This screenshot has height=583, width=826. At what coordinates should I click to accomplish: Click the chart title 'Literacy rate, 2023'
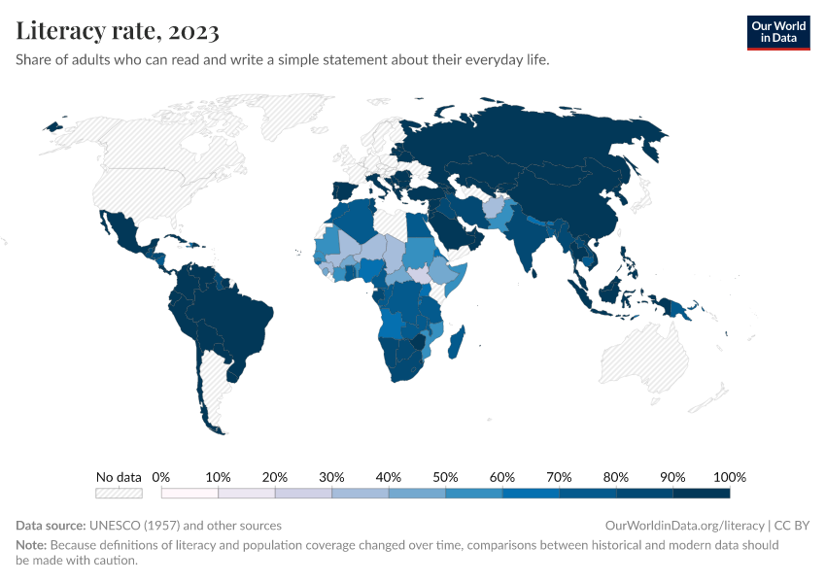click(x=117, y=31)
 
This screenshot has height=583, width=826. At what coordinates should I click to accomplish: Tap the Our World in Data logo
click(x=777, y=32)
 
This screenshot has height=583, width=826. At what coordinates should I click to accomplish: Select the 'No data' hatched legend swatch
click(x=119, y=494)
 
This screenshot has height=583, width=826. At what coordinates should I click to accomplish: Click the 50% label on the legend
click(x=445, y=477)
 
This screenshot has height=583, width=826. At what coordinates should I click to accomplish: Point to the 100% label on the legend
click(x=729, y=477)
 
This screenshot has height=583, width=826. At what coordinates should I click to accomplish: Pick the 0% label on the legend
click(x=161, y=477)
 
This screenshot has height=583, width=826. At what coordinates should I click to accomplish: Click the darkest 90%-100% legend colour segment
click(x=701, y=494)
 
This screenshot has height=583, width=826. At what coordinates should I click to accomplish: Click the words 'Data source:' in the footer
click(x=50, y=526)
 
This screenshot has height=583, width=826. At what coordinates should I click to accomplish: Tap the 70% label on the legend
click(x=559, y=477)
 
